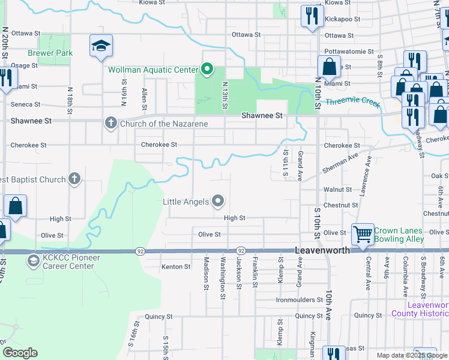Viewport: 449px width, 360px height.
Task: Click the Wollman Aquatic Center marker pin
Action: click(x=207, y=70)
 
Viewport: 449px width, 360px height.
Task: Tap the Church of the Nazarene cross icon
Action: click(x=110, y=124)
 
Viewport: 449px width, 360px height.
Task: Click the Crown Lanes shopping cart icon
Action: click(x=362, y=235)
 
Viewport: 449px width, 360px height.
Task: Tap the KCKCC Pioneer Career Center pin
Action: click(x=32, y=261)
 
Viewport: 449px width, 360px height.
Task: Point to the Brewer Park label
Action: click(x=55, y=53)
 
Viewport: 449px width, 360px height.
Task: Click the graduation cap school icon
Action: click(x=101, y=46)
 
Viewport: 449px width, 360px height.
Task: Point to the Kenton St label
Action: click(x=176, y=266)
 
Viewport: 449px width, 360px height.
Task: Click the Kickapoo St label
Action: click(x=342, y=19)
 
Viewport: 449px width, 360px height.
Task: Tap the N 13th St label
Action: click(x=224, y=96)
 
